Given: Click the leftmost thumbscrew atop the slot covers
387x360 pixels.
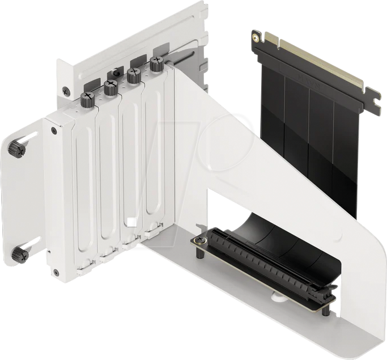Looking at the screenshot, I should (x=88, y=100).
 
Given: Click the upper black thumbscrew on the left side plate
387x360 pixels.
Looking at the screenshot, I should (x=15, y=150).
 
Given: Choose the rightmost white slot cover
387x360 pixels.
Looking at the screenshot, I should (x=152, y=159).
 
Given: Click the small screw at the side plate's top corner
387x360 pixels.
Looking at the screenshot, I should (x=54, y=131).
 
